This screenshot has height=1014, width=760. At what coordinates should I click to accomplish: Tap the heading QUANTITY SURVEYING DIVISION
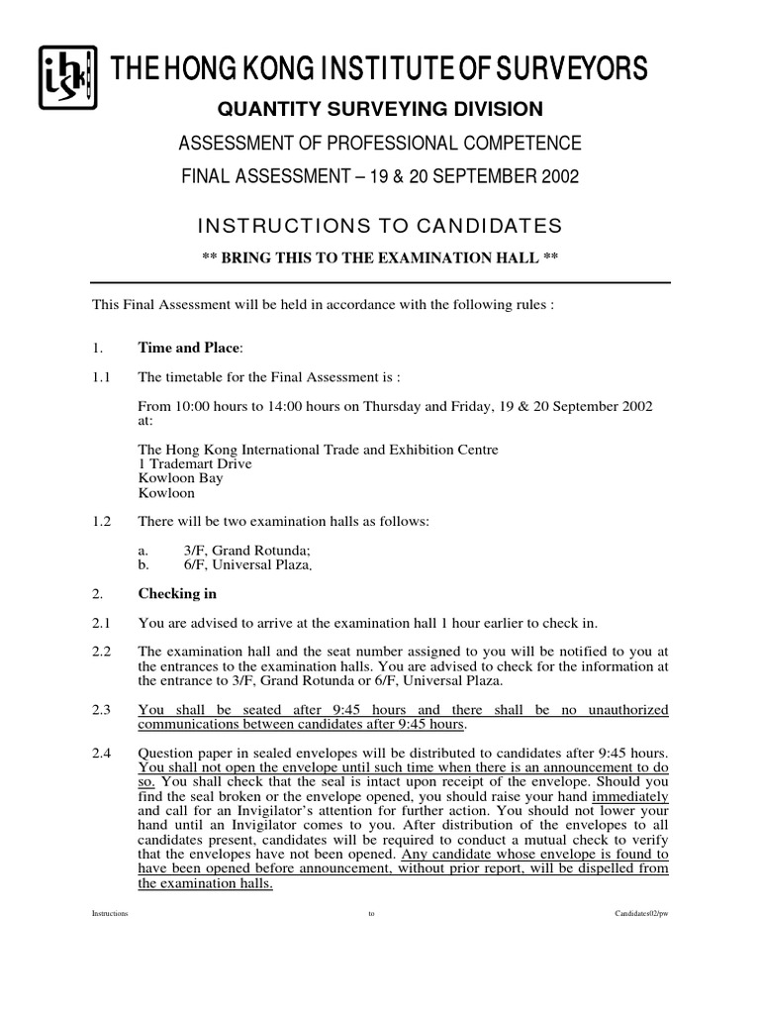click(x=380, y=109)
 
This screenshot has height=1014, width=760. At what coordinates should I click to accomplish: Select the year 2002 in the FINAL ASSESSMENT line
click(x=557, y=176)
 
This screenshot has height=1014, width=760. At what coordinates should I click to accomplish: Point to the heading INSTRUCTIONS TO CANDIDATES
click(x=379, y=225)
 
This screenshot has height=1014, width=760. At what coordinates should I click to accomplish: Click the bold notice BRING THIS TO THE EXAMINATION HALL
click(x=380, y=257)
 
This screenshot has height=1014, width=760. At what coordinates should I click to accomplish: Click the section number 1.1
click(x=101, y=377)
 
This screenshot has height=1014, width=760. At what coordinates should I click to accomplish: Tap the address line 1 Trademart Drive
click(x=195, y=463)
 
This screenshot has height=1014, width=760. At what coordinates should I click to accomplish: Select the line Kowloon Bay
click(x=181, y=478)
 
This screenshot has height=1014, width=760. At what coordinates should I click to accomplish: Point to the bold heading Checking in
click(x=177, y=594)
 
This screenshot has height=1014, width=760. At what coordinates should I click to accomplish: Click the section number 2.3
click(x=101, y=710)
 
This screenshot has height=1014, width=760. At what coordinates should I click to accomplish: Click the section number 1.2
click(x=101, y=522)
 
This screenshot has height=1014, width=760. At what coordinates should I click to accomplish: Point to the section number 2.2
click(x=101, y=652)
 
